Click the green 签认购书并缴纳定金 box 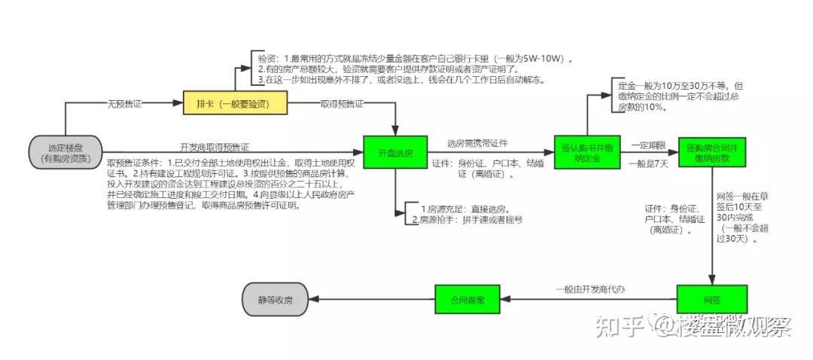click(586, 154)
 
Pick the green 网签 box click(711, 300)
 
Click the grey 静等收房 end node click(278, 300)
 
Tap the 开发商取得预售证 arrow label click(215, 146)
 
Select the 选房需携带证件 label click(478, 143)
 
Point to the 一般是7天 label click(648, 163)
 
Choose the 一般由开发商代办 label click(591, 290)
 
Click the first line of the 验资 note click(414, 58)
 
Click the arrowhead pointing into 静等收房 click(316, 300)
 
